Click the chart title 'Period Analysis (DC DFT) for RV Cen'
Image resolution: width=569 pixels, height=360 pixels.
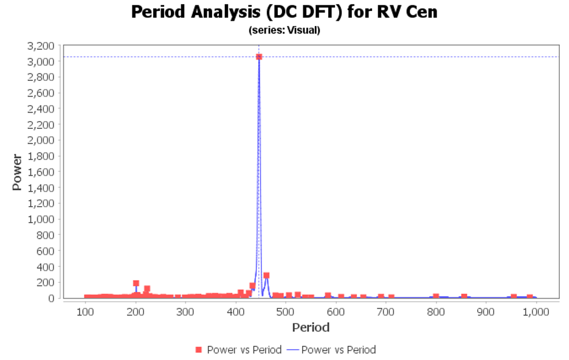pyautogui.click(x=284, y=12)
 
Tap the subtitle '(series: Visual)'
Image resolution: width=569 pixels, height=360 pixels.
pyautogui.click(x=284, y=30)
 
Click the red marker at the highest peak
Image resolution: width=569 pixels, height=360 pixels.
pyautogui.click(x=259, y=57)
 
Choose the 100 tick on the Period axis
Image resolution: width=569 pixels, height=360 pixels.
pyautogui.click(x=85, y=312)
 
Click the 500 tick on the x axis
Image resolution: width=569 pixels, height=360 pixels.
pyautogui.click(x=286, y=312)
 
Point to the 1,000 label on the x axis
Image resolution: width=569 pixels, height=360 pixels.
pyautogui.click(x=536, y=312)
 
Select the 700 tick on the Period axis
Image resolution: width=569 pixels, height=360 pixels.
pyautogui.click(x=386, y=312)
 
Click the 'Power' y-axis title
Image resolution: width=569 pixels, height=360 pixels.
pyautogui.click(x=17, y=172)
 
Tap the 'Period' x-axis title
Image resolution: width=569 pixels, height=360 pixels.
pyautogui.click(x=311, y=328)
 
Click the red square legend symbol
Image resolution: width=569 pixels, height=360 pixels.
pyautogui.click(x=198, y=350)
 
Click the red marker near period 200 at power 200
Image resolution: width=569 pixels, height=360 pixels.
pyautogui.click(x=136, y=283)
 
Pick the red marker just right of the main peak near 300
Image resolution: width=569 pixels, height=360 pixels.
pyautogui.click(x=266, y=275)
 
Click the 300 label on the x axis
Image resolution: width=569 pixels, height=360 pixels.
pyautogui.click(x=185, y=312)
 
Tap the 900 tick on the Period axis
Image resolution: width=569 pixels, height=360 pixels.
pyautogui.click(x=486, y=312)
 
